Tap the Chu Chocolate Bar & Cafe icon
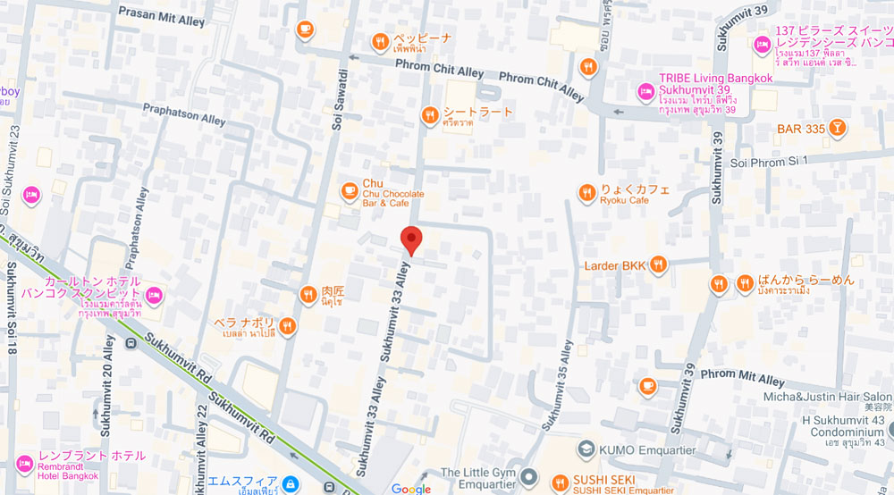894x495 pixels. click(x=350, y=189)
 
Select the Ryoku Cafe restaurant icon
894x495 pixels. click(x=586, y=192)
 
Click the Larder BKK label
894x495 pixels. click(x=613, y=265)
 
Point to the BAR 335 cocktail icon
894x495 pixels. click(x=836, y=129)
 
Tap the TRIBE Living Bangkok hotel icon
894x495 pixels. click(x=645, y=90)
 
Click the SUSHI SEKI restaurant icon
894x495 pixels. click(x=559, y=481)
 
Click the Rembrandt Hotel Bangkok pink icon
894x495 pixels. click(x=24, y=462)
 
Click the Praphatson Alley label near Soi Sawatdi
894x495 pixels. click(x=185, y=113)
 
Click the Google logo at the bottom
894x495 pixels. click(x=410, y=489)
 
